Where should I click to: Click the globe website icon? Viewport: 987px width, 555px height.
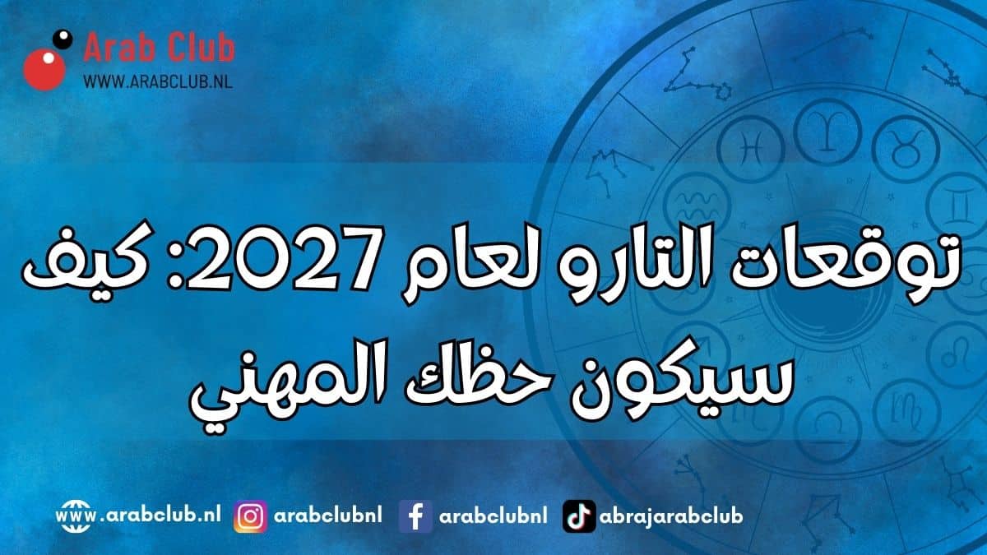point(72,516)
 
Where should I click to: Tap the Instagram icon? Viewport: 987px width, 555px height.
point(250,516)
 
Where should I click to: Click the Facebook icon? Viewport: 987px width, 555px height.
point(415,516)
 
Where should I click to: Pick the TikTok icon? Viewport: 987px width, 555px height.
point(579,516)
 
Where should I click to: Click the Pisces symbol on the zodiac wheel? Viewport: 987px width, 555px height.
point(751,148)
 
